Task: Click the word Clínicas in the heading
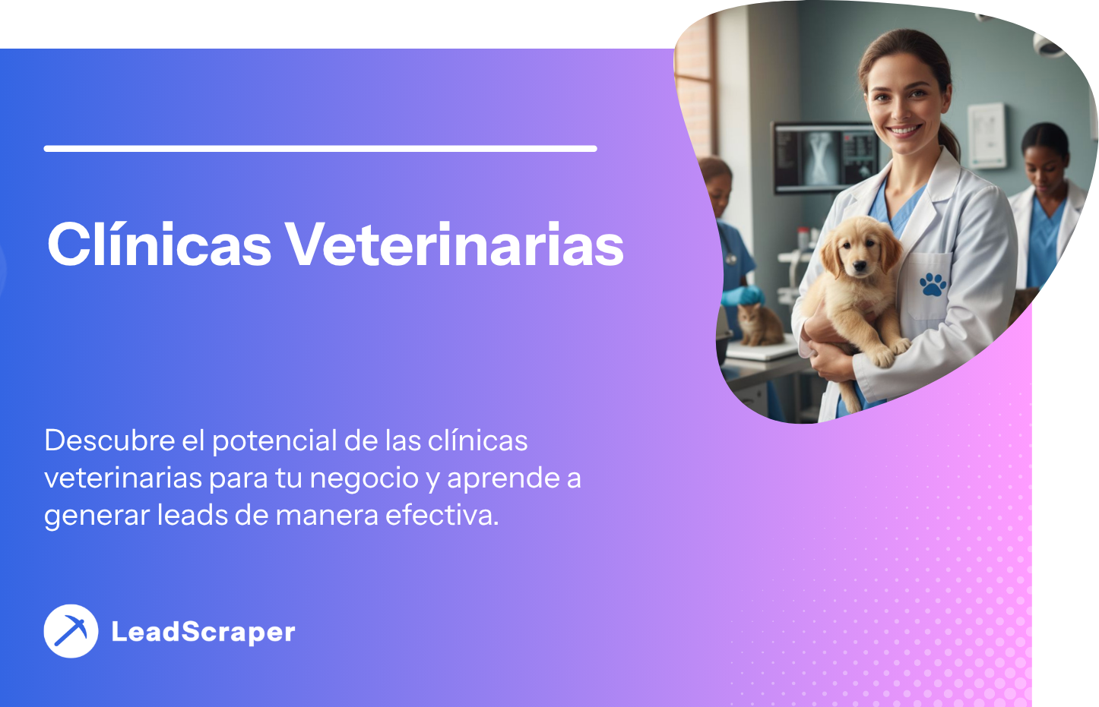(159, 244)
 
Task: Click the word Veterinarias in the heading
(454, 244)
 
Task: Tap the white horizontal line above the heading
(321, 149)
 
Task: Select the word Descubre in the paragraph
(109, 440)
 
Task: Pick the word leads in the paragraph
(193, 515)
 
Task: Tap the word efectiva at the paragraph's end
(442, 515)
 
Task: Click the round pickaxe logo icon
(71, 631)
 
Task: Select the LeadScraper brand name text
(203, 632)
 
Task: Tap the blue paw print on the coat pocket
(933, 284)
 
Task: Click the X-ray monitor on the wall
(826, 157)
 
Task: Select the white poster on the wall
(987, 136)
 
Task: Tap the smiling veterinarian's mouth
(904, 131)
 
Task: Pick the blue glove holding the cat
(743, 295)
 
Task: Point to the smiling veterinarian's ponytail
(949, 140)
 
